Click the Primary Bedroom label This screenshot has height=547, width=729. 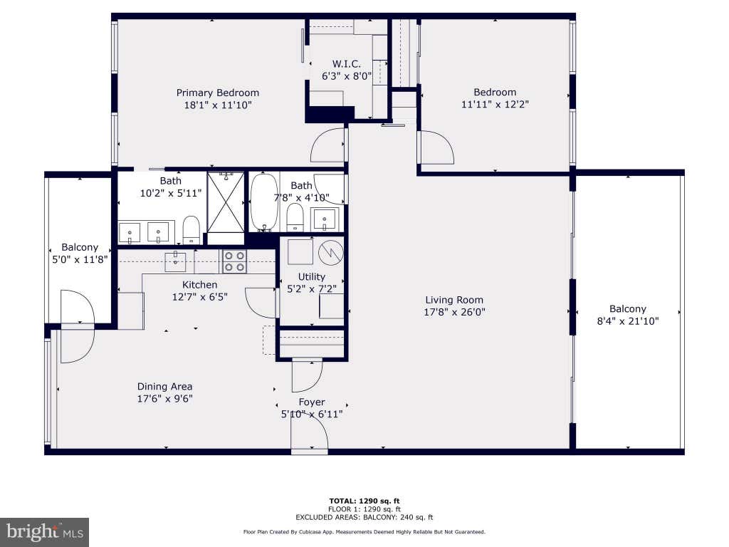218,93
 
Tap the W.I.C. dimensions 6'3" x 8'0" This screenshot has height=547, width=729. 347,75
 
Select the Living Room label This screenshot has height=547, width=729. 454,300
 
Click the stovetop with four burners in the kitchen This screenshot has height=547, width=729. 234,261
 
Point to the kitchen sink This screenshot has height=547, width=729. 175,262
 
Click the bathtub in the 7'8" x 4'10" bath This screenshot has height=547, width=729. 264,202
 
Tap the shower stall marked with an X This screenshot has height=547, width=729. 226,202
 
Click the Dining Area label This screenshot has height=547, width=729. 164,387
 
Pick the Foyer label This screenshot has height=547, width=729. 312,402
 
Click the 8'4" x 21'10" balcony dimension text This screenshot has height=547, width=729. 628,321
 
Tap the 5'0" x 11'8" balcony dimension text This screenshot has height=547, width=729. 80,259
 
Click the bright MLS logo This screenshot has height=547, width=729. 45,531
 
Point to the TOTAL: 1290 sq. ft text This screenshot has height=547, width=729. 364,501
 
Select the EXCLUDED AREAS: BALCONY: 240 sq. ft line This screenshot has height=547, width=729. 364,517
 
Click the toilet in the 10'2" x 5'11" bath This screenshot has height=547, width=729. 191,229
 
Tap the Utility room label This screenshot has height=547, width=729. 312,277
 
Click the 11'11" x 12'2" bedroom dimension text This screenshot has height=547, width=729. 495,104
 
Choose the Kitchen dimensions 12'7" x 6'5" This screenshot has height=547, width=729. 199,297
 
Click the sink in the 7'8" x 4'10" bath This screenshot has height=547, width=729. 325,219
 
